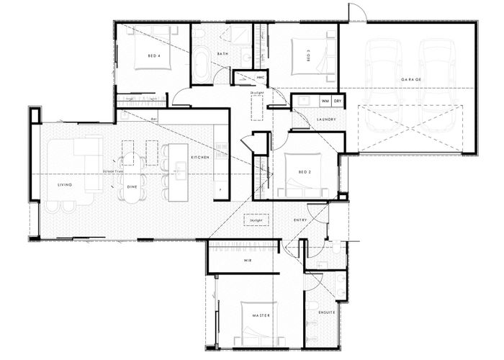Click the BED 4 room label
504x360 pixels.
point(153,55)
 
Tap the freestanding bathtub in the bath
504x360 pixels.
point(202,67)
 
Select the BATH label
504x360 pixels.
point(222,54)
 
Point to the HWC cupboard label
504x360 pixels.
point(261,76)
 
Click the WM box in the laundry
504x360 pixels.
point(325,102)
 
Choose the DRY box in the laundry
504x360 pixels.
point(337,102)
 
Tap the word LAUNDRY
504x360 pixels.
point(327,120)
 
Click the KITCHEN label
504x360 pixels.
point(199,156)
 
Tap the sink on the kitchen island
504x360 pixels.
point(180,168)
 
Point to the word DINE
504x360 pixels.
point(132,186)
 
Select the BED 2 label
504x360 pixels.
point(304,173)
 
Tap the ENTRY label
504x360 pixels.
point(301,219)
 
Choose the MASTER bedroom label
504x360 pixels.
point(260,315)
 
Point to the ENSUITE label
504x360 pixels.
point(326,312)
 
